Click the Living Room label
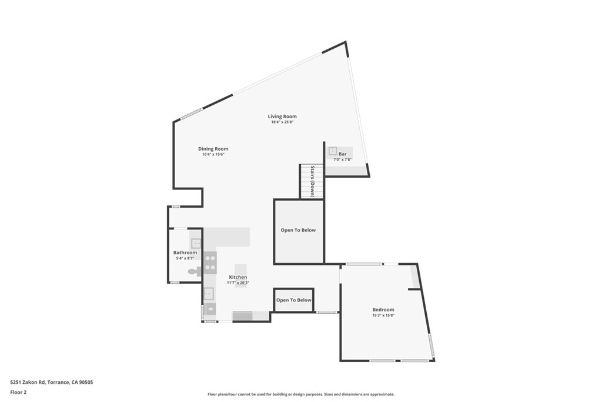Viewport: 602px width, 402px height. [282, 116]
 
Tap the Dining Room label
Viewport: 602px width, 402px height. [213, 149]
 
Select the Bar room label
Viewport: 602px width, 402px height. [343, 154]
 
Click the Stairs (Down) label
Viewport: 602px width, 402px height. [312, 181]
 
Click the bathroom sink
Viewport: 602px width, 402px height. [196, 243]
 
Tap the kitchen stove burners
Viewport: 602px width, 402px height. [210, 263]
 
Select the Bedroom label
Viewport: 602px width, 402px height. [383, 310]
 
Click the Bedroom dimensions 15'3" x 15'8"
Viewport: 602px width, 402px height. [383, 315]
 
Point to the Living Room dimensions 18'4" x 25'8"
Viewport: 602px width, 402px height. [282, 122]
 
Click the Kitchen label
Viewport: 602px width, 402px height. [238, 277]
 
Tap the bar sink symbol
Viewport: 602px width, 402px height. [333, 151]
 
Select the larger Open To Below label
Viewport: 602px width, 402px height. [298, 230]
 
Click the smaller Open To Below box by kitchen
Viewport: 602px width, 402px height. [294, 300]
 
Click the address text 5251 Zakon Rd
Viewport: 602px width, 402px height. [28, 382]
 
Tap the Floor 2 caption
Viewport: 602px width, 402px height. [18, 393]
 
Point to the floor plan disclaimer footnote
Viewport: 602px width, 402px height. [301, 394]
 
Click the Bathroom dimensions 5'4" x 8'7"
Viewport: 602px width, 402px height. [185, 258]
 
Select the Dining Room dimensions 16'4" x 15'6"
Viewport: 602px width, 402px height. [213, 154]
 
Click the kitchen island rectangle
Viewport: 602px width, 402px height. [240, 275]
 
